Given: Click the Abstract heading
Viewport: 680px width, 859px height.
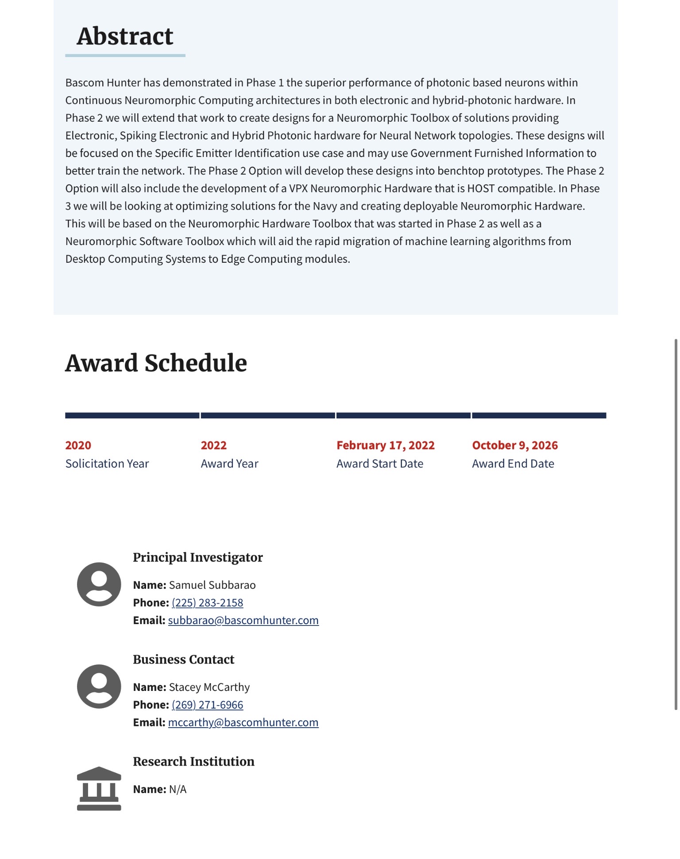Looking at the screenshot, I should [x=125, y=36].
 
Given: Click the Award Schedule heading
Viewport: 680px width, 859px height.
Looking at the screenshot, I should [x=156, y=363].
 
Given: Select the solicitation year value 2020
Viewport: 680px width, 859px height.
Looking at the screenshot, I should [x=78, y=445].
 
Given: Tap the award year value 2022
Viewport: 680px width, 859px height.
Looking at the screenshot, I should [x=214, y=445].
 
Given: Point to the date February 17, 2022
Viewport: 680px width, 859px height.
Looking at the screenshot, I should [x=386, y=445].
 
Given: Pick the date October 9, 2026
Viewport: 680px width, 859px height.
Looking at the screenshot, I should [x=515, y=445].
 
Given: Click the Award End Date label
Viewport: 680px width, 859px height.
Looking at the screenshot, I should [x=513, y=464].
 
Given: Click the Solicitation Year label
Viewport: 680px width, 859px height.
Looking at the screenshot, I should [x=107, y=464].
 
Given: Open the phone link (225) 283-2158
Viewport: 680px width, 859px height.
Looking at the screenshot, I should [x=207, y=603].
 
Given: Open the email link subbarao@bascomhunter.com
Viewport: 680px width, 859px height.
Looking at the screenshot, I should [x=243, y=621].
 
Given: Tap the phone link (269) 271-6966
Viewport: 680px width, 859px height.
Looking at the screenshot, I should [x=207, y=705].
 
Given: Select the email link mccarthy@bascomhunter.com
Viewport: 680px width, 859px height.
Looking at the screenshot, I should [x=243, y=723].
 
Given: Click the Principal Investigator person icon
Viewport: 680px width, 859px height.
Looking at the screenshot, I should [x=99, y=584].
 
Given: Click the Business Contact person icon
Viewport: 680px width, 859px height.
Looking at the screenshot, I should [x=99, y=686].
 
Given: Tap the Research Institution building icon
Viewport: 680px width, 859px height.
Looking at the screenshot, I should [x=99, y=789].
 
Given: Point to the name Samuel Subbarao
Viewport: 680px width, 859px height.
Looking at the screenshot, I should [x=212, y=585].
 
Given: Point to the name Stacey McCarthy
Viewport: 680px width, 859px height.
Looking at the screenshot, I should [x=209, y=687].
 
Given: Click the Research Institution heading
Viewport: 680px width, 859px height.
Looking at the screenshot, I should [x=193, y=762].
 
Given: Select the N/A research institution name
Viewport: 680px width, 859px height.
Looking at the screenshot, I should [x=178, y=790].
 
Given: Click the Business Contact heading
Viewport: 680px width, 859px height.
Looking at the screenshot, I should [x=183, y=660].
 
